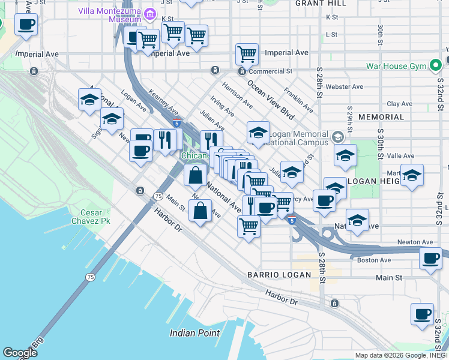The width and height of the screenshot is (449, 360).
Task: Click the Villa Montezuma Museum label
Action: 110,16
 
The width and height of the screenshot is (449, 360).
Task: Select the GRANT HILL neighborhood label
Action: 321,4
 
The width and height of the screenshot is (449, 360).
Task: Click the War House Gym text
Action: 398,64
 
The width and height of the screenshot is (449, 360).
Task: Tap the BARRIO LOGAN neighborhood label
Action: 279,275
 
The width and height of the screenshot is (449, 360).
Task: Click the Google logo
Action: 20,352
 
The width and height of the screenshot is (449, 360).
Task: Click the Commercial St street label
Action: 271,71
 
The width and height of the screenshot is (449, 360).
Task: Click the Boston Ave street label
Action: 374,260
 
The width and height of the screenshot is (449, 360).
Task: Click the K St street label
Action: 332,18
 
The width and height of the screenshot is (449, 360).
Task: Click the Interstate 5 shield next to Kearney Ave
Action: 175,122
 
